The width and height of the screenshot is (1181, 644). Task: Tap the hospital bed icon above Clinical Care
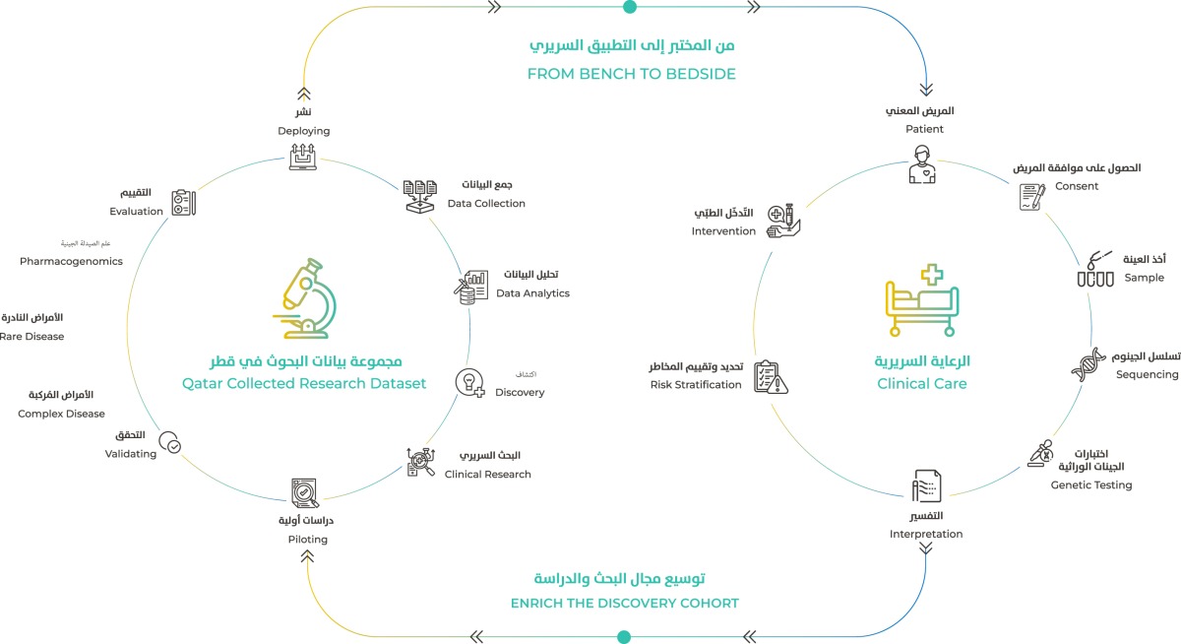pos(921,301)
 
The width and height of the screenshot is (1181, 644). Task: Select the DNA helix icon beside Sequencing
pos(1088,364)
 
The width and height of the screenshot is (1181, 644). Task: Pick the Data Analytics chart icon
pos(471,288)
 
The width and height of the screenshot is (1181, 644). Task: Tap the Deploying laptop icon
pos(303,157)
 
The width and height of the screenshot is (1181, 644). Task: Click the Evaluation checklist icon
pos(183,203)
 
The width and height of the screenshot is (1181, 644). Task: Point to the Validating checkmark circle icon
pos(170,444)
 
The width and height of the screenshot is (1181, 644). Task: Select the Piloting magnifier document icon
pos(305,491)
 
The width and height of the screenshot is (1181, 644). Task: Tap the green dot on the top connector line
pos(630,7)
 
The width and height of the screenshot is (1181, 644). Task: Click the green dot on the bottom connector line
pos(623,636)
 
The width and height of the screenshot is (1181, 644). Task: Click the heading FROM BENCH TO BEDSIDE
pos(632,74)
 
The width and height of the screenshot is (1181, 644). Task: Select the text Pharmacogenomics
pos(71,261)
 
